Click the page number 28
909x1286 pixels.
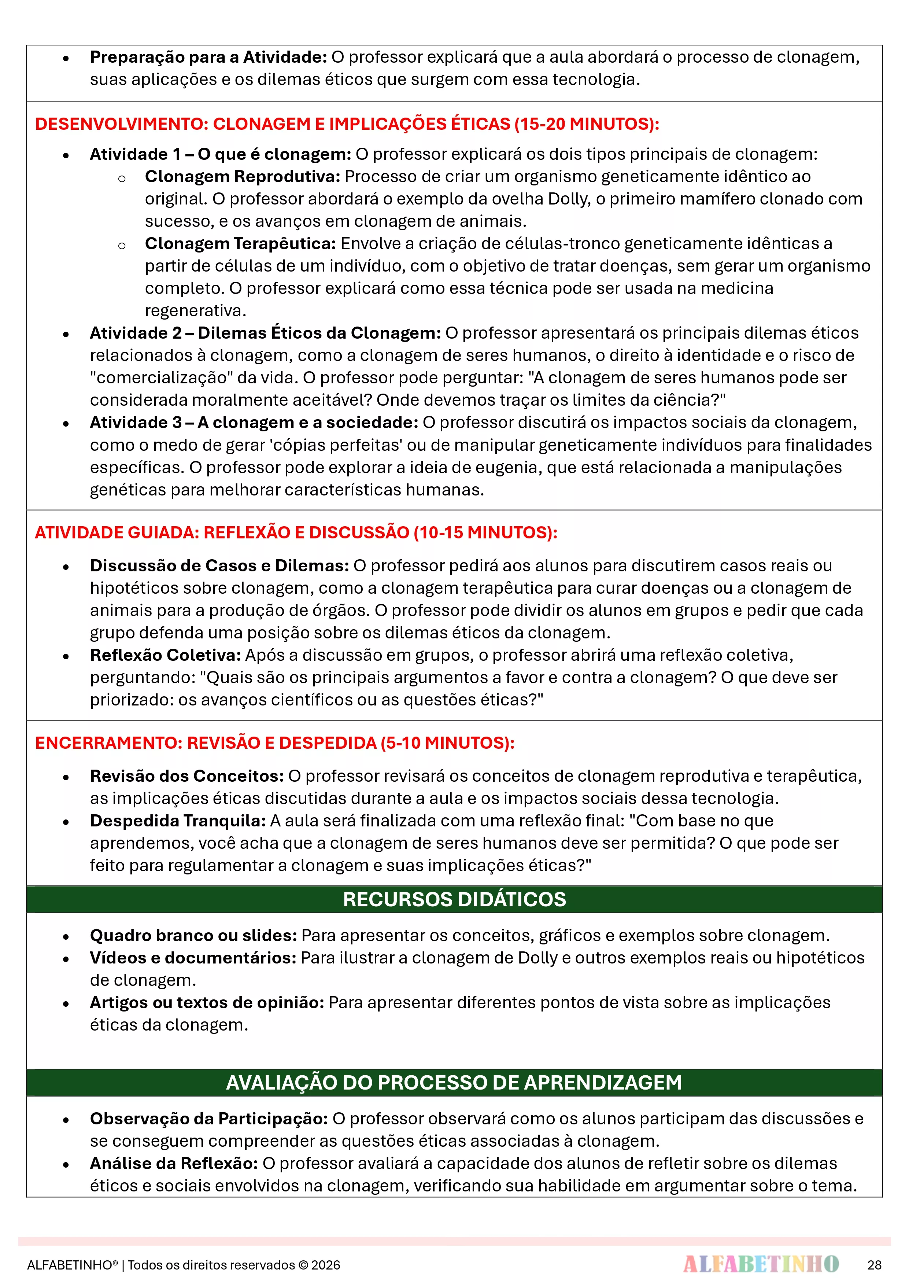(874, 1265)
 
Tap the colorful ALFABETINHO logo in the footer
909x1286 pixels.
(761, 1264)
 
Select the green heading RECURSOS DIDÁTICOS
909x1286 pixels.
(454, 899)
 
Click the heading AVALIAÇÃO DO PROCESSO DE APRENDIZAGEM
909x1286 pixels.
(454, 1082)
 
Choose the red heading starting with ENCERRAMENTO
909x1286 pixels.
(274, 743)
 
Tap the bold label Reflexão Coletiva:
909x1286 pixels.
(165, 655)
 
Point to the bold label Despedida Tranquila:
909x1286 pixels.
(178, 821)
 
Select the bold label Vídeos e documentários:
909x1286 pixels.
(193, 958)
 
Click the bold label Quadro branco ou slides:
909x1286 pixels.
(193, 935)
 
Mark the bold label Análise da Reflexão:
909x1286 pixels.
(174, 1163)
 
